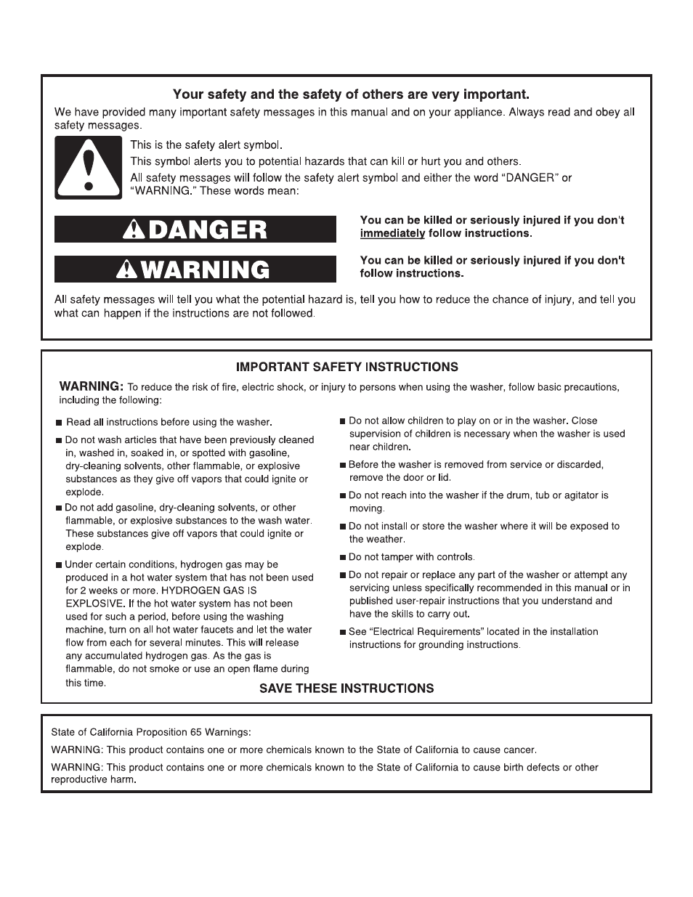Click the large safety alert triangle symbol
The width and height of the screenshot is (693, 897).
[x=89, y=168]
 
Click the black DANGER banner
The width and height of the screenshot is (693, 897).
[x=195, y=230]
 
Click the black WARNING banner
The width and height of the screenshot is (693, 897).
[x=195, y=270]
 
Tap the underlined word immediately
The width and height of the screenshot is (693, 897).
[x=392, y=233]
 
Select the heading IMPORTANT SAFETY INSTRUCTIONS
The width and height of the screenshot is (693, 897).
[x=347, y=367]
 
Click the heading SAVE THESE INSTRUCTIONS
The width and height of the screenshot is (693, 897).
[x=347, y=689]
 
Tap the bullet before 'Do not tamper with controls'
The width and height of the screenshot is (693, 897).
[x=343, y=558]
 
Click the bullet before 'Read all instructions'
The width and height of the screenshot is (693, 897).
[x=59, y=423]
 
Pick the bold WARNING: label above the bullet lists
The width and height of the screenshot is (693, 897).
[x=92, y=386]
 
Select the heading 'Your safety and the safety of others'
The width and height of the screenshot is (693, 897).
[x=351, y=94]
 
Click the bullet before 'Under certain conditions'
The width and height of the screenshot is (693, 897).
[x=59, y=565]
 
